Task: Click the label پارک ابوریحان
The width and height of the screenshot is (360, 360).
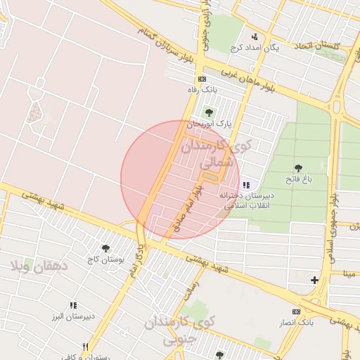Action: coord(214,123)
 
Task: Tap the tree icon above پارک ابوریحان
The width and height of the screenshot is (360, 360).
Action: coord(207,112)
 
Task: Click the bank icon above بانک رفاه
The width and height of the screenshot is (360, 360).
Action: coord(202,79)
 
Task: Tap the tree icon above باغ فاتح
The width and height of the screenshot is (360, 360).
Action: coord(299,168)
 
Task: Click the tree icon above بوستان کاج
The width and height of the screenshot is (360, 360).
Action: coord(105,248)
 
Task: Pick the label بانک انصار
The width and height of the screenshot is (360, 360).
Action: coord(295,322)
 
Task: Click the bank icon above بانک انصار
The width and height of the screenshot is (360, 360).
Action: coord(296,311)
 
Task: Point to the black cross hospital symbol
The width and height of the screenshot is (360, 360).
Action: coord(314,281)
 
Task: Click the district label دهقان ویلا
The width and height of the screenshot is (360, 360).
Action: coord(39,266)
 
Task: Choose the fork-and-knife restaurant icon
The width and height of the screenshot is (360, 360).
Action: coord(85,347)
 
